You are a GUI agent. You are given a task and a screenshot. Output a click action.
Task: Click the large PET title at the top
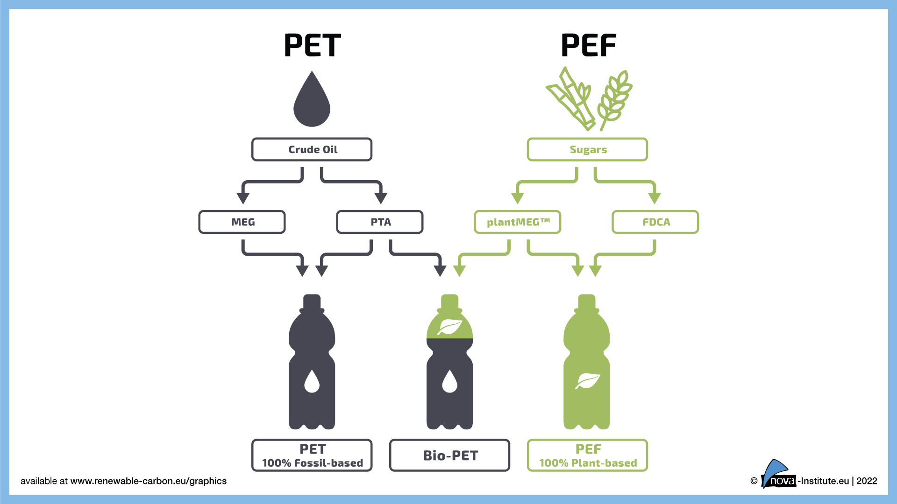coord(312,46)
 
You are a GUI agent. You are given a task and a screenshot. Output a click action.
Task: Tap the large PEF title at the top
coord(588,46)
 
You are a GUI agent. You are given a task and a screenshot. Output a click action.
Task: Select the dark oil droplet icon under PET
coord(312,101)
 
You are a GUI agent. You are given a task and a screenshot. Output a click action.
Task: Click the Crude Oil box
coord(312,149)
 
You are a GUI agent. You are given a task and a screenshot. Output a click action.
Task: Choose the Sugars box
coord(588,149)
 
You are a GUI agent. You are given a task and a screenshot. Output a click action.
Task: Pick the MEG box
coord(242,222)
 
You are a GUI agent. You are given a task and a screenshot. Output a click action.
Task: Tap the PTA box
coord(380,222)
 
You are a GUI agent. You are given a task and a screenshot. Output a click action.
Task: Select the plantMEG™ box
coord(518,222)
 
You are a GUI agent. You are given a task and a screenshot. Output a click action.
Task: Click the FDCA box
coord(655,222)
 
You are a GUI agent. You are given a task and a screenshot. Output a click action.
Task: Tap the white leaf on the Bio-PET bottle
coord(449,327)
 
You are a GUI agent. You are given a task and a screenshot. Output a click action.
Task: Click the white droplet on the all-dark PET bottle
coord(312,381)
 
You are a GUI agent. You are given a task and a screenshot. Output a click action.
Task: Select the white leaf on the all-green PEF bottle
coord(587,381)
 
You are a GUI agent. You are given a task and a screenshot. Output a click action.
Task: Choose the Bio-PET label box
coord(450,455)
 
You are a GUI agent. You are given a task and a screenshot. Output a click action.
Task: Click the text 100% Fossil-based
coord(312,463)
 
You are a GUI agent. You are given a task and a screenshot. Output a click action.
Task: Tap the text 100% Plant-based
coord(588,463)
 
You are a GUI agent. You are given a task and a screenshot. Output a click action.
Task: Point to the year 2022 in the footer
coord(867,481)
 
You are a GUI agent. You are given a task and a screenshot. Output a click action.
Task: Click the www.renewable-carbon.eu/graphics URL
coord(148,481)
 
